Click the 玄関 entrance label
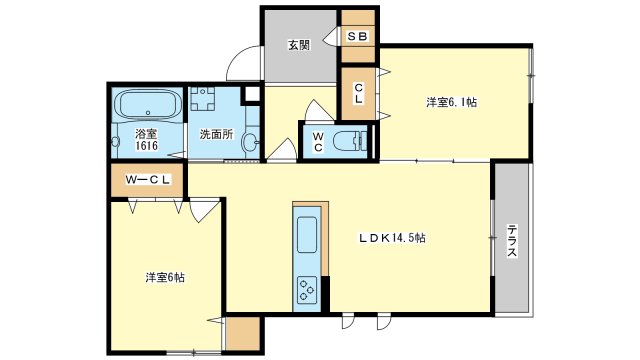point(298,45)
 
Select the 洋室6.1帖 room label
point(451,102)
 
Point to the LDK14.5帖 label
point(394,238)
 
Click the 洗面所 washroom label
point(215,134)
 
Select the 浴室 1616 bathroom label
point(147,140)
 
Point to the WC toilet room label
point(316,141)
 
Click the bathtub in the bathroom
point(146,104)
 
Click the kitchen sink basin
point(306,237)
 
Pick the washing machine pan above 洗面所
point(204,102)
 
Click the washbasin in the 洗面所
point(250,143)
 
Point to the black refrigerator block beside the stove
point(324,292)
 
